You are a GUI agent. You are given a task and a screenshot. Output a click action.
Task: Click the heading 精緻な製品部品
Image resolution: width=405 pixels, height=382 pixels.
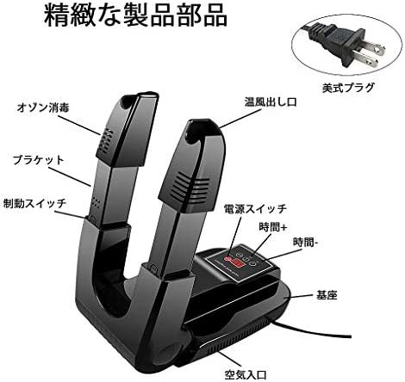click(x=135, y=16)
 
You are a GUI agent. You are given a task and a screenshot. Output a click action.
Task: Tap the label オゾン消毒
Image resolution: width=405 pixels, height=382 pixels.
click(x=43, y=108)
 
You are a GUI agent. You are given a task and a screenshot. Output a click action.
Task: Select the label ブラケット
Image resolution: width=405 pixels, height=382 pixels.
click(x=38, y=160)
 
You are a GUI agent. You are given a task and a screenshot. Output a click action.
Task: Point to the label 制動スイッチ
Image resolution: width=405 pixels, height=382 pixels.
click(x=34, y=203)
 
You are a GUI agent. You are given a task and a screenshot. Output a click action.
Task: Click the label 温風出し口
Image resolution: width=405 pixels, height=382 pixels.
click(x=271, y=102)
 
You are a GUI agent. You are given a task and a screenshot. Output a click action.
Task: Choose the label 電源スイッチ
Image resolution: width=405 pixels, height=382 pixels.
click(x=255, y=208)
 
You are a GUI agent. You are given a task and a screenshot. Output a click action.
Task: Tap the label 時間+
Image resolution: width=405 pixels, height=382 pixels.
click(x=272, y=227)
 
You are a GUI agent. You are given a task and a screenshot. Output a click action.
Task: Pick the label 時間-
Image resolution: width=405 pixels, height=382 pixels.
click(x=305, y=243)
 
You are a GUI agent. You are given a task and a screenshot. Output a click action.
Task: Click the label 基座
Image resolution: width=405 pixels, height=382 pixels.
click(x=327, y=295)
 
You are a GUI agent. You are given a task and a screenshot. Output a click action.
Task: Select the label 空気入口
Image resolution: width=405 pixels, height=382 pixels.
click(x=246, y=374)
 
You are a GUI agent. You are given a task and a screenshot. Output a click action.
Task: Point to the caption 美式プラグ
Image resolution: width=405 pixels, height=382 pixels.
click(x=348, y=88)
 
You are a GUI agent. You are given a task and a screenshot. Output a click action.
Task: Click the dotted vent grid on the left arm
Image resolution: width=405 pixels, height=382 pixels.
click(x=106, y=140)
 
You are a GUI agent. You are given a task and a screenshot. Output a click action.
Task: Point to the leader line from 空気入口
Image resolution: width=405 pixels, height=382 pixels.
click(x=222, y=356)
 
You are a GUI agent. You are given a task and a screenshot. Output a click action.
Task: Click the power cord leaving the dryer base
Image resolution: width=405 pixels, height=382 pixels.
click(x=310, y=329)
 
